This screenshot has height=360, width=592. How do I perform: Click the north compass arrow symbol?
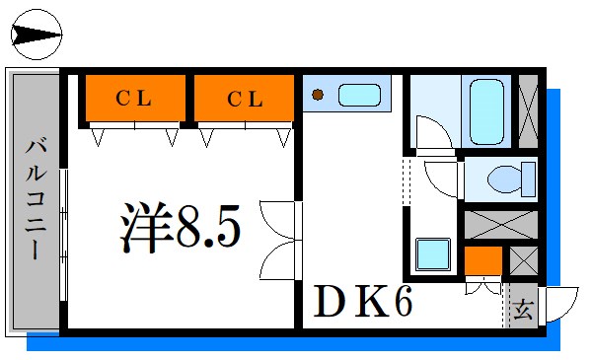pos(37,35)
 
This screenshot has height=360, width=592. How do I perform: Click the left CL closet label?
pos(133,99)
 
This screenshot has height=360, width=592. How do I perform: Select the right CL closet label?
pos(245,99)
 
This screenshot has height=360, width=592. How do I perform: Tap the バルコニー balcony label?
pos(37,199)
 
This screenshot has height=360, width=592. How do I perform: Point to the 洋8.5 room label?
pos(181,227)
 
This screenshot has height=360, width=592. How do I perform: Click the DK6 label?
pos(362,301)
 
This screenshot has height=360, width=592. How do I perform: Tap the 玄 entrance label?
pos(523,310)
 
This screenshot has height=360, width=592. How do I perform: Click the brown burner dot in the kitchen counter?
pos(318,95)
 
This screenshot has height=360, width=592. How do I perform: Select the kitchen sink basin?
pos(359,95)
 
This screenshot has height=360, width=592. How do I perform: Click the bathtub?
pos(486,111)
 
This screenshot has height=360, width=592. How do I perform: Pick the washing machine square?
pos(433,254)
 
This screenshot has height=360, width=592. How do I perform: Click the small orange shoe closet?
pos(482,260)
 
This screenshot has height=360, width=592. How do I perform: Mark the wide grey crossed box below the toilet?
pos(500,225)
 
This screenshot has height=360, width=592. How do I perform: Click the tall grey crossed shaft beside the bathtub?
pos(528,111)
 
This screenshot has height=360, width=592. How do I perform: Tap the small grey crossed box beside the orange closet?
pos(524,260)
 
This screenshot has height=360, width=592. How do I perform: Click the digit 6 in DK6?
pos(404,301)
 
